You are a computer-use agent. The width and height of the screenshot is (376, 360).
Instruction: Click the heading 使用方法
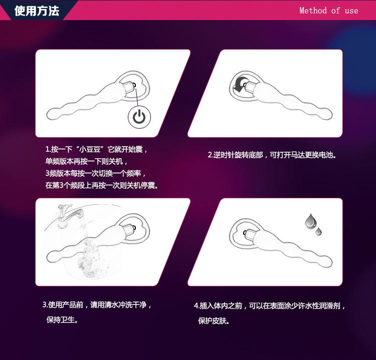point(37,11)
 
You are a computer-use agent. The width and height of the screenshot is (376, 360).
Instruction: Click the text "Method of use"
point(328,11)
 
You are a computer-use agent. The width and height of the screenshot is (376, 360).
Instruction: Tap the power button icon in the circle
point(140,117)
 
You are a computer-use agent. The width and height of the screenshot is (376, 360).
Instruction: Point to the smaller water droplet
point(318,231)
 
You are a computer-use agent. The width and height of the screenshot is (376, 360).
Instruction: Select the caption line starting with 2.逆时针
point(272,155)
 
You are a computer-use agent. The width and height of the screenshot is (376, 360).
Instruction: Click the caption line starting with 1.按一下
point(96,150)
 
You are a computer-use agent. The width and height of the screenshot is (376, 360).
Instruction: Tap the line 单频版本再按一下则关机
point(87,162)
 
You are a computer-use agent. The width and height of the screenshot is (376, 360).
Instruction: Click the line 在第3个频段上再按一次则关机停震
point(102,185)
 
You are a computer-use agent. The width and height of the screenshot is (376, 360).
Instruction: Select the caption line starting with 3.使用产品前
point(97,304)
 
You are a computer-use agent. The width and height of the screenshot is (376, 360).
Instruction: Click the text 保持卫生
point(62,319)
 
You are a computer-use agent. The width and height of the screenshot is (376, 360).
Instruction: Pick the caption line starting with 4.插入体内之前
point(270,305)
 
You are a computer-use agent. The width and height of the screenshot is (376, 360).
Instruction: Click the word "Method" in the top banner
point(313,11)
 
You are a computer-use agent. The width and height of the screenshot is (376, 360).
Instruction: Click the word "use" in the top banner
point(351,11)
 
